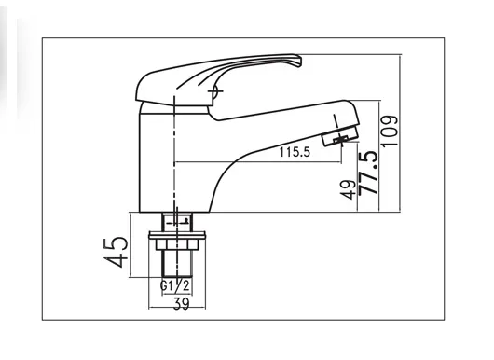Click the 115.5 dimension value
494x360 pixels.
(295, 152)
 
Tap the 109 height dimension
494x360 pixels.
(390, 131)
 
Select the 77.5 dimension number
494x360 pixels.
(368, 173)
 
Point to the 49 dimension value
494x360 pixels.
(349, 189)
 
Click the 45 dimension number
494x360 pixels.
(116, 252)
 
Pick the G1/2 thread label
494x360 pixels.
(175, 286)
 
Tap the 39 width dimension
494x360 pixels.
(182, 303)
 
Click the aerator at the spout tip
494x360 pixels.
(340, 135)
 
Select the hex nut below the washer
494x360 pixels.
(177, 244)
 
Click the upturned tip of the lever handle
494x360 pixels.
(296, 60)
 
